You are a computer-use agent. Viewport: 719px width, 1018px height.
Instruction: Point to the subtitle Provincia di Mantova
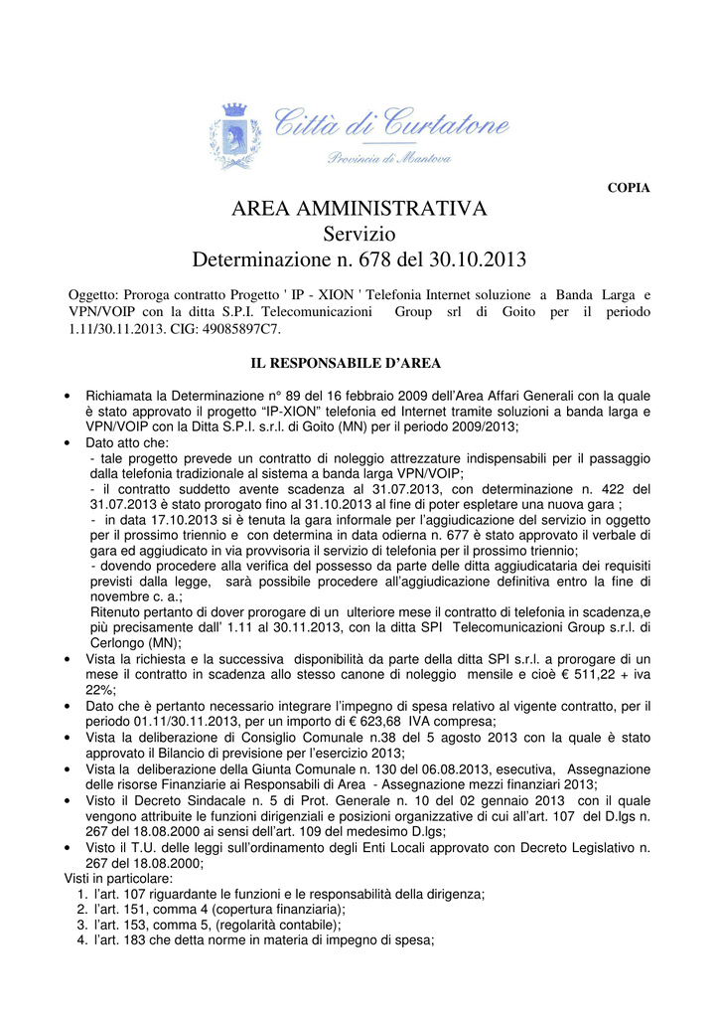coord(388,159)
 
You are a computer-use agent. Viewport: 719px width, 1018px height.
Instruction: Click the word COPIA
coord(628,189)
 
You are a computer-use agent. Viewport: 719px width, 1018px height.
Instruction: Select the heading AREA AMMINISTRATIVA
coord(359,209)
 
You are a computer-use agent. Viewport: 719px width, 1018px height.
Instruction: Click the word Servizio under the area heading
coord(359,235)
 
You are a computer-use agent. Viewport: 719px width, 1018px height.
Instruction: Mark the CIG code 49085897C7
coord(237,328)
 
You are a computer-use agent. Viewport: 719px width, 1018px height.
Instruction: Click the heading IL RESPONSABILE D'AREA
coord(359,363)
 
